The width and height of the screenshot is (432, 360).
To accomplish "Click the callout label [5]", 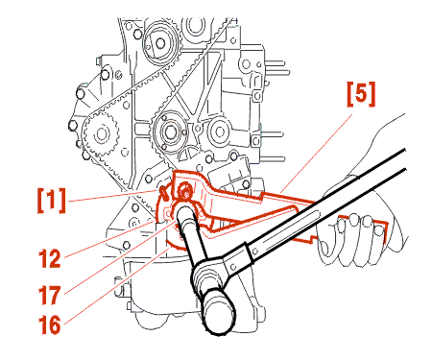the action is click(361, 94).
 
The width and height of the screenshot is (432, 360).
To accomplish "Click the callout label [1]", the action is click(52, 201).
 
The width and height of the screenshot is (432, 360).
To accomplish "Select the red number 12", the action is click(50, 258).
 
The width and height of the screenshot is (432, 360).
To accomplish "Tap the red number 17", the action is click(50, 295).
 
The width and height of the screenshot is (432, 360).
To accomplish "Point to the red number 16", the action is click(50, 325).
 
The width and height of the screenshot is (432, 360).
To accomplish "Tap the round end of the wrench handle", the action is click(219, 311).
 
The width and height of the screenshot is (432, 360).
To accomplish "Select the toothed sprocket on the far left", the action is click(101, 133).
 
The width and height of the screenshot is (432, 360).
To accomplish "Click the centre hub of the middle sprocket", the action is click(170, 131).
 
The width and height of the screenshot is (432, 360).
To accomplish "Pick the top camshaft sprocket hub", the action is click(160, 43).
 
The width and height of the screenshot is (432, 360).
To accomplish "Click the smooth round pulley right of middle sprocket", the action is click(220, 132).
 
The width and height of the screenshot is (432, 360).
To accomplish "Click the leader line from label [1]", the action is click(113, 196).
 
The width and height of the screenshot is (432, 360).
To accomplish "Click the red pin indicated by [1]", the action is click(165, 193).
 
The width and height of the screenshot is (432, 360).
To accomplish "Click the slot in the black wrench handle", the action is click(292, 230).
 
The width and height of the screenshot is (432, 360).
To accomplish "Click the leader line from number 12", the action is click(109, 238).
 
